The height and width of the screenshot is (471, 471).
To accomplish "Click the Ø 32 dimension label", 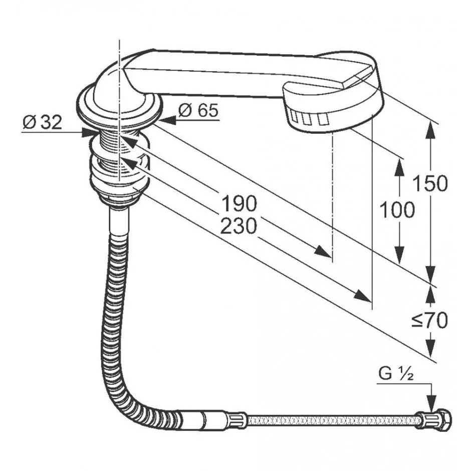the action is (43, 122).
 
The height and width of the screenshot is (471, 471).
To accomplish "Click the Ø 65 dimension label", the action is (198, 110).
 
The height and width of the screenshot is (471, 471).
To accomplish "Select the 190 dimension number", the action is (239, 203).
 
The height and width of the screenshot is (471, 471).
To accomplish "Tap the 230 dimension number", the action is (239, 226).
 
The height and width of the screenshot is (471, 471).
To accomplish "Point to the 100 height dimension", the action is (397, 209).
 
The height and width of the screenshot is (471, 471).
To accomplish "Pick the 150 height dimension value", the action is (430, 183).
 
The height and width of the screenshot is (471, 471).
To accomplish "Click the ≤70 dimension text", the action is (429, 320).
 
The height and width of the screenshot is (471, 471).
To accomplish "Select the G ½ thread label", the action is (396, 374).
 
